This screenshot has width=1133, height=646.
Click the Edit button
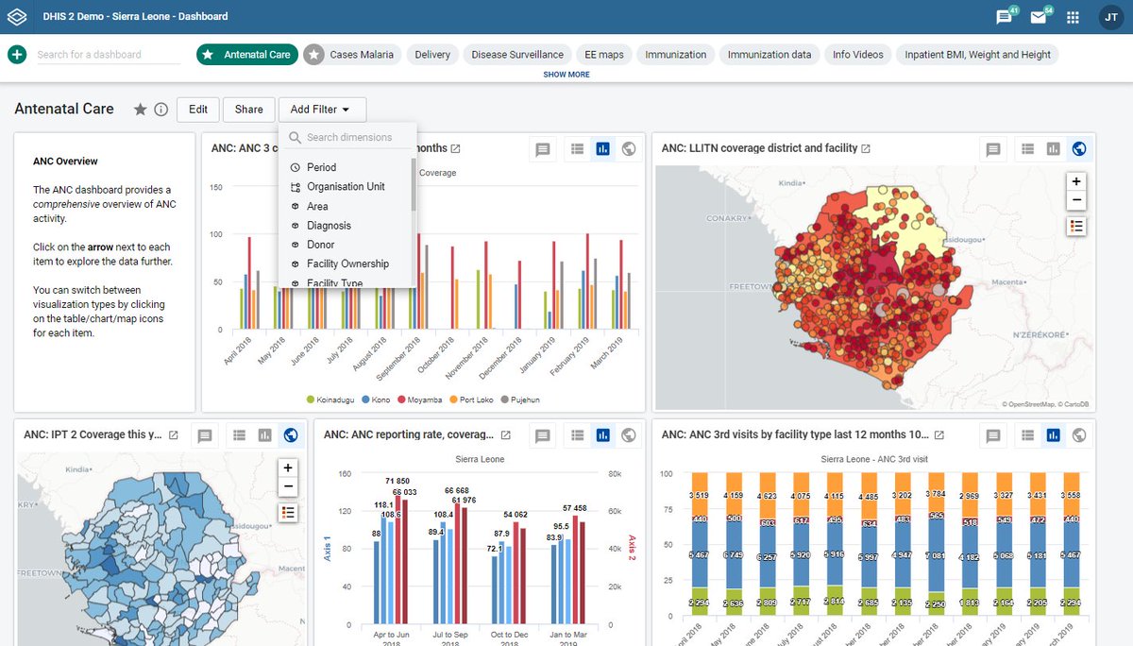point(198,110)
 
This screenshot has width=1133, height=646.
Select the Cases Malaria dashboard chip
point(350,55)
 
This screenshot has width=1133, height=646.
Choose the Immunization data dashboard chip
point(769,55)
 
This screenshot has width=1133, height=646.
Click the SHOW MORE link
point(566,75)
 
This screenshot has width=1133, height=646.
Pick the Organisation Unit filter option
point(346,187)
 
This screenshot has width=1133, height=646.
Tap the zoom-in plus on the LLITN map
point(1076,180)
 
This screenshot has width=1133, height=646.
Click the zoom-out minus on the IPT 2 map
point(288,487)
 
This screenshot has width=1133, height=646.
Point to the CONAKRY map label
point(729,218)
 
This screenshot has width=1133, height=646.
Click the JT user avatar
point(1110,17)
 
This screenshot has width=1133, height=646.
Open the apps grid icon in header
point(1073,17)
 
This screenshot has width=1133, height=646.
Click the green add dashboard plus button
point(17,55)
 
